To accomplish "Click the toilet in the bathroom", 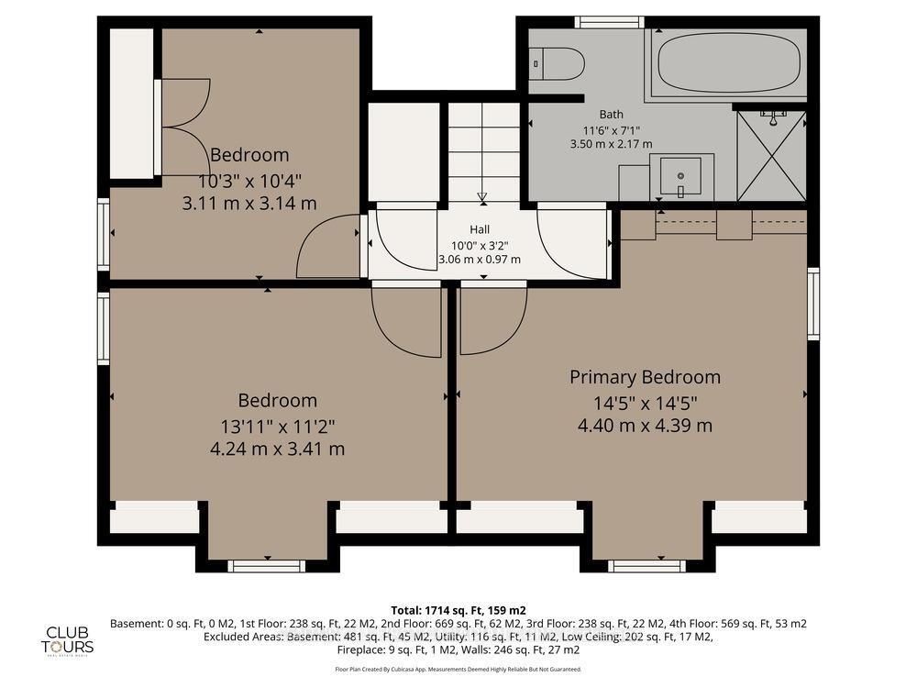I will (x=558, y=64).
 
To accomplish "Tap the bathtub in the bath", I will (x=725, y=63).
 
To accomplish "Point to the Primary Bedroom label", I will (x=645, y=377).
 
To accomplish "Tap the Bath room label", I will (x=612, y=114).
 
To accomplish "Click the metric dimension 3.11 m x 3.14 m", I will (x=249, y=203).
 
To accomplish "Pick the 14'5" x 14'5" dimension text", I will (x=645, y=402).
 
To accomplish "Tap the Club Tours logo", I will (x=71, y=639).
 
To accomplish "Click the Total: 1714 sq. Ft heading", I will (x=458, y=610).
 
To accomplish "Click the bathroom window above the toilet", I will (x=609, y=22).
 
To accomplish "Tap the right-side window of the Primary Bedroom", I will (x=812, y=304).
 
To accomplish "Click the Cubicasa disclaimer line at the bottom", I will (x=458, y=670).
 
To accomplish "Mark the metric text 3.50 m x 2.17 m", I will (x=612, y=144).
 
